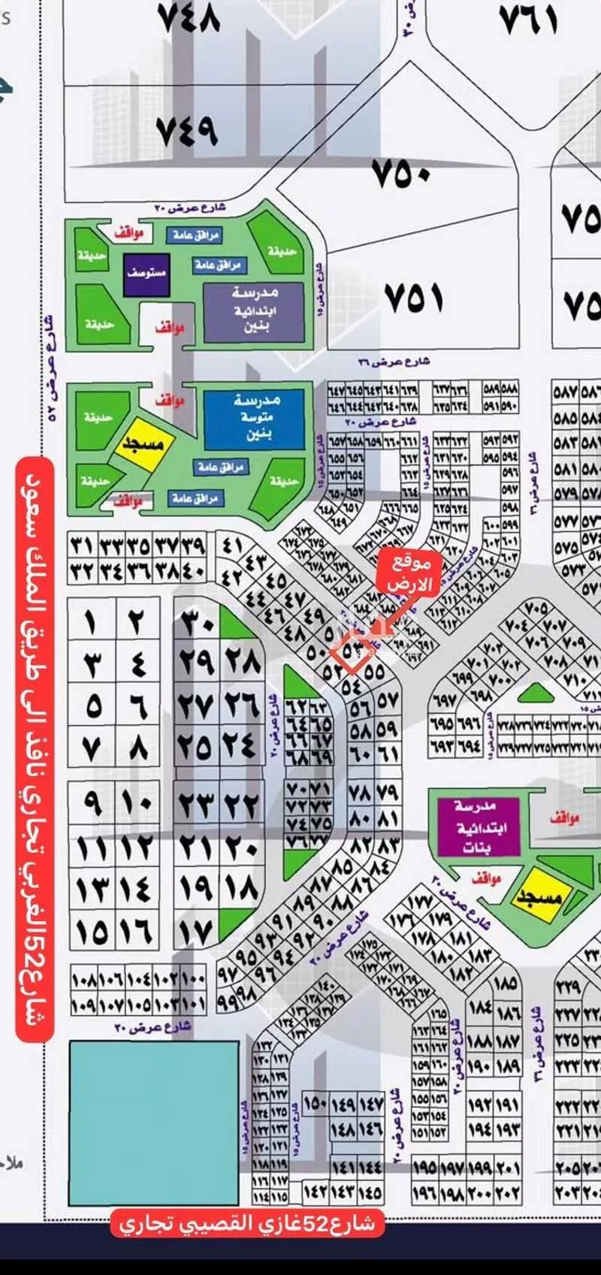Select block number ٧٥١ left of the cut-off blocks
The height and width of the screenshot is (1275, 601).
click(x=414, y=298)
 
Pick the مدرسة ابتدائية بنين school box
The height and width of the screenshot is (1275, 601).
click(x=254, y=311)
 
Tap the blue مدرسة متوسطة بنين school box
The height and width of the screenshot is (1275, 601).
click(x=254, y=418)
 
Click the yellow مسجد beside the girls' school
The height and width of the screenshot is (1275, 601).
click(x=539, y=895)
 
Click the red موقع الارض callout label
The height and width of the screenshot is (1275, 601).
click(x=409, y=573)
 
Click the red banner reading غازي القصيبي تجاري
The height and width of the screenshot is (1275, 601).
click(x=248, y=1224)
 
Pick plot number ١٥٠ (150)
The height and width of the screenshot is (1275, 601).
click(x=316, y=1104)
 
